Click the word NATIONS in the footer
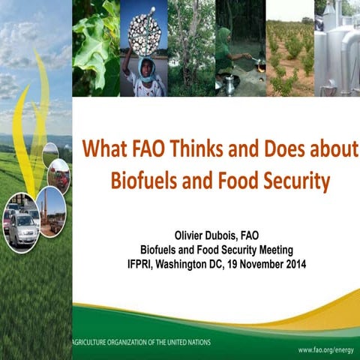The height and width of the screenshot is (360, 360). pos(193,341)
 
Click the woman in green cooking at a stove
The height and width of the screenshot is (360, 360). pos(227,52)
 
